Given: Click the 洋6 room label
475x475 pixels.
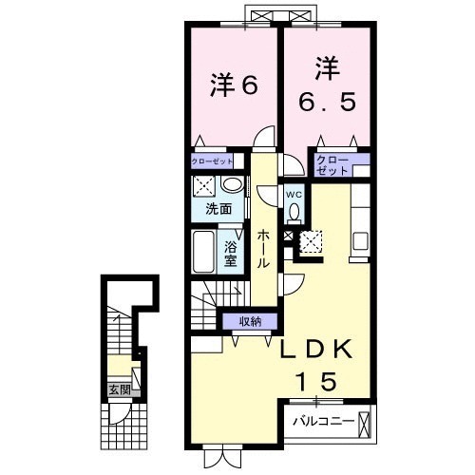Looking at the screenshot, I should coord(233,85).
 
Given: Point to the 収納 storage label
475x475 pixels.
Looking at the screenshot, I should coord(251,321).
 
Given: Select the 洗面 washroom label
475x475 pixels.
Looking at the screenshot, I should coord(218,208).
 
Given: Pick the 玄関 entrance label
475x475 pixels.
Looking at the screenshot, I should coord(118,389).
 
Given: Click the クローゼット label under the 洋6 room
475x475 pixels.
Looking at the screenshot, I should coord(211,162).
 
